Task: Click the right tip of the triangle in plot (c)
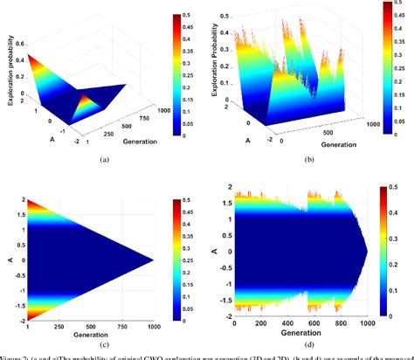[x=154, y=259]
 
